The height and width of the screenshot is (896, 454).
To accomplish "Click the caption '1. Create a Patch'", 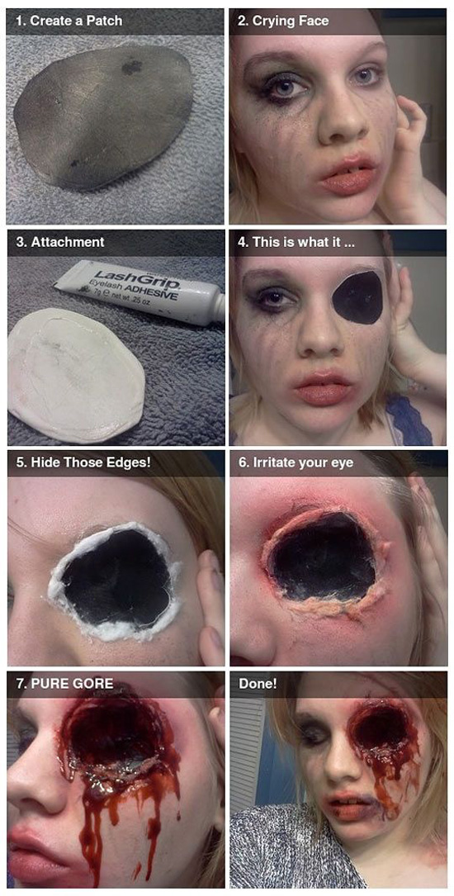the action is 69,21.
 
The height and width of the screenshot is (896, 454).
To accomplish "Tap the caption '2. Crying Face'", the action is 282,21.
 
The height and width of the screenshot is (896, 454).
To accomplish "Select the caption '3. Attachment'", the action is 60,242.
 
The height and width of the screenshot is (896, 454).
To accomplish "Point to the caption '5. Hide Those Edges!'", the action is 83,462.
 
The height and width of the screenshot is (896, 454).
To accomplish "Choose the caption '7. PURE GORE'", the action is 64,683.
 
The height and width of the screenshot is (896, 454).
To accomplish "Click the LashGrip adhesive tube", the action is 140,292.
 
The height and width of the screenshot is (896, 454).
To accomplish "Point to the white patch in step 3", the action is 76,376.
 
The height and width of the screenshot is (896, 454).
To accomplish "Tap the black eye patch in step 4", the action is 357,297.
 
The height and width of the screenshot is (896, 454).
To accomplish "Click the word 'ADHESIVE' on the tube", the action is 149,291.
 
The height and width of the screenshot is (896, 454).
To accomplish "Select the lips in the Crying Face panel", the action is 348,175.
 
